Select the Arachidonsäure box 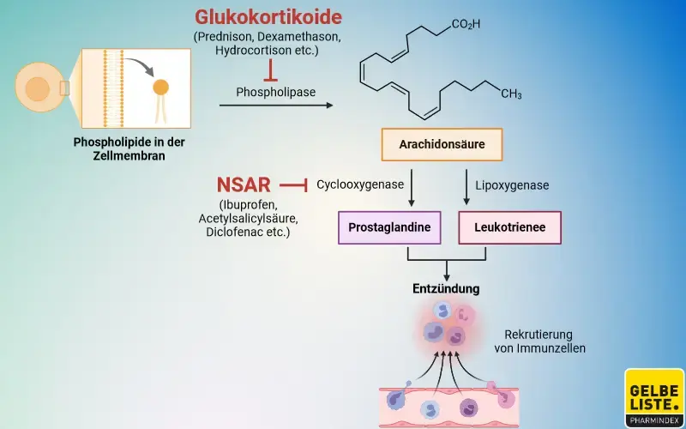(442, 144)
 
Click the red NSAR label (244, 184)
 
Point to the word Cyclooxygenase (360, 184)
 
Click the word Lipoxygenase (512, 184)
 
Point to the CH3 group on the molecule (511, 94)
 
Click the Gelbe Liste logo (653, 397)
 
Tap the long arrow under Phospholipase (275, 106)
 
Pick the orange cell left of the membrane (37, 88)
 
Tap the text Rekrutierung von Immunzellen (539, 341)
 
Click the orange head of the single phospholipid (160, 87)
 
